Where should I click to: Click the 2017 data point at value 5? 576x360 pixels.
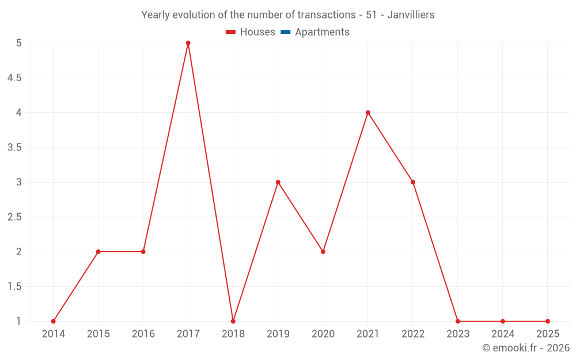pyautogui.click(x=188, y=43)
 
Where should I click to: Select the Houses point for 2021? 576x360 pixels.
pyautogui.click(x=368, y=112)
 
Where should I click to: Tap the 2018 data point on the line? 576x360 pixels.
pyautogui.click(x=233, y=321)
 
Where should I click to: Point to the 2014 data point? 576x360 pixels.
pyautogui.click(x=54, y=321)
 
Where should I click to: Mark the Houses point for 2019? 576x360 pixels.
pyautogui.click(x=278, y=182)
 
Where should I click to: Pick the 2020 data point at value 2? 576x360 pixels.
pyautogui.click(x=323, y=252)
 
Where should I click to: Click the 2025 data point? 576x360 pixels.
pyautogui.click(x=548, y=321)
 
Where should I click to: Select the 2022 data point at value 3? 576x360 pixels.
pyautogui.click(x=413, y=182)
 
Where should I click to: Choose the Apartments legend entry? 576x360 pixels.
pyautogui.click(x=322, y=32)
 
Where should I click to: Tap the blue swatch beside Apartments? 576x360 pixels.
pyautogui.click(x=285, y=32)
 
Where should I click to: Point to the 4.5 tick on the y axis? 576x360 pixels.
pyautogui.click(x=14, y=78)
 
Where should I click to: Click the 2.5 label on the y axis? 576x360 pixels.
pyautogui.click(x=14, y=217)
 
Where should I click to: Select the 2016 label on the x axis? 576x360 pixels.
pyautogui.click(x=143, y=334)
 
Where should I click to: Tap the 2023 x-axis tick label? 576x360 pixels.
pyautogui.click(x=458, y=334)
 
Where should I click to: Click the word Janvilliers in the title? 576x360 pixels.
pyautogui.click(x=411, y=15)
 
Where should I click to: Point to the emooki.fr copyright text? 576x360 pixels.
pyautogui.click(x=526, y=348)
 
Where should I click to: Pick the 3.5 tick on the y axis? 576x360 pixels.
pyautogui.click(x=14, y=147)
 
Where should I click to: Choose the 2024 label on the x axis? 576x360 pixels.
pyautogui.click(x=503, y=334)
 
